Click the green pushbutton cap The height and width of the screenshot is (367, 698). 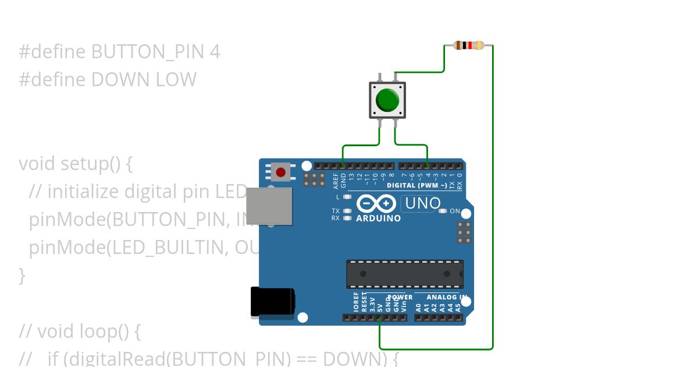pos(387,100)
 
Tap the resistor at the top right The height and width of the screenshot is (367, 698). pos(469,45)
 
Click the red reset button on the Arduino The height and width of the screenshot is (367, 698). pos(281,172)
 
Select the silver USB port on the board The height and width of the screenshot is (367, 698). pos(269,206)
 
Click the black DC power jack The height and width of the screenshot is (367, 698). pos(272,302)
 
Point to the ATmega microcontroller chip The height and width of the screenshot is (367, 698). pos(405,274)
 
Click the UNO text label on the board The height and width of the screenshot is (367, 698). pos(423,204)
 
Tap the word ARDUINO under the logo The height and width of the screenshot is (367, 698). pos(378,219)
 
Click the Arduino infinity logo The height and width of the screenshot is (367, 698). pos(376,203)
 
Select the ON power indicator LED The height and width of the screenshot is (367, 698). pos(443,211)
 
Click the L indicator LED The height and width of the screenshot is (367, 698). pos(347,197)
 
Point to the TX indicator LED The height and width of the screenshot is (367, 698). pos(347,211)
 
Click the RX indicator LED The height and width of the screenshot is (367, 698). pos(347,218)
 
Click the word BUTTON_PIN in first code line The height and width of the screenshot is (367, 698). pos(148,52)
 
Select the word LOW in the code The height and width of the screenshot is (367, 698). pos(176,79)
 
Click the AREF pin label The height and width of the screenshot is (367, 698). pos(336,181)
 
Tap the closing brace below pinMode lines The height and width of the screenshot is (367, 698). pos(22,275)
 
